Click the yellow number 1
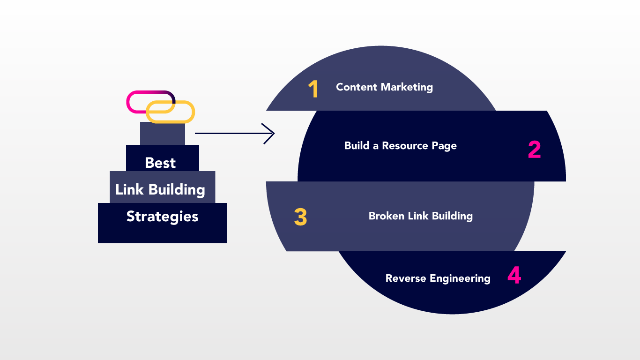[313, 89]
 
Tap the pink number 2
[534, 150]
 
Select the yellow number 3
[300, 217]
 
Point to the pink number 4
[514, 276]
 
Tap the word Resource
[405, 146]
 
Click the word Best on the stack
[160, 163]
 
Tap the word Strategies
[162, 217]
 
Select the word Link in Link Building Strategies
[129, 189]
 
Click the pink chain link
[136, 96]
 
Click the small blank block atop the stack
[162, 134]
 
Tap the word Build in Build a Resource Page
[357, 146]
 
